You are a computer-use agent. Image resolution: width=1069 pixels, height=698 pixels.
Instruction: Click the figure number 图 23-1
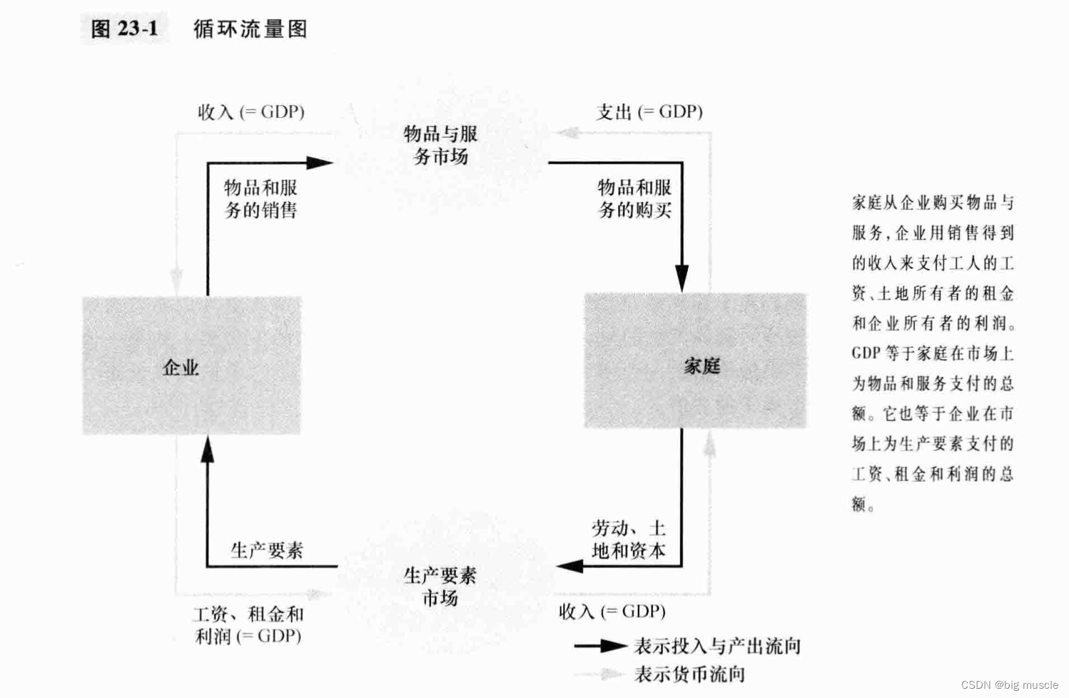click(x=125, y=29)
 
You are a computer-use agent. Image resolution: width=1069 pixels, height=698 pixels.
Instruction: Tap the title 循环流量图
click(x=250, y=29)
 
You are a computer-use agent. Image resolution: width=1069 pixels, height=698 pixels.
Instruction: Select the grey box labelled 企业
click(x=191, y=365)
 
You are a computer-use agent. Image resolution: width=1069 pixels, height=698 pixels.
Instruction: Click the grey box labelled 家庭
click(x=695, y=361)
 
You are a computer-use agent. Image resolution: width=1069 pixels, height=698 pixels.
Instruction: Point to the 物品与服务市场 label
click(x=440, y=144)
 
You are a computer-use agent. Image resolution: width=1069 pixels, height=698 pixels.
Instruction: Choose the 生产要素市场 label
click(x=440, y=586)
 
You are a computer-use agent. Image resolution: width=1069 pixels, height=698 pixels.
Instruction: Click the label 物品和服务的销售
click(x=260, y=198)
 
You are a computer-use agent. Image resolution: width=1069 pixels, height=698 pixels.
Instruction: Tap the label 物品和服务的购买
click(x=634, y=198)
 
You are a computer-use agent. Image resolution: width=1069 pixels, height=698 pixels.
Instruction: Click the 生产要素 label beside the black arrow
click(x=266, y=550)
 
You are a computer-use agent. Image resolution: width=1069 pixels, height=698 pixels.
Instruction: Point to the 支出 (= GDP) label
click(x=649, y=112)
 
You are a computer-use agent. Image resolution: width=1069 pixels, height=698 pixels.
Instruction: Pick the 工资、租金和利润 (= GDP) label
click(x=248, y=624)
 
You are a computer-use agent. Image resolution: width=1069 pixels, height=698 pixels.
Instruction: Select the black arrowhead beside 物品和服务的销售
click(x=319, y=163)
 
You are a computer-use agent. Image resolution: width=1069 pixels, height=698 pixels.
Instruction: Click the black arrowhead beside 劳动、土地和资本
click(x=570, y=566)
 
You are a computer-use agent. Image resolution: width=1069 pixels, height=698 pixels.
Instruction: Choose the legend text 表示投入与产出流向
click(x=717, y=646)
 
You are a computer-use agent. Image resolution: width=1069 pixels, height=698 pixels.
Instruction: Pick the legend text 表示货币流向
click(x=689, y=674)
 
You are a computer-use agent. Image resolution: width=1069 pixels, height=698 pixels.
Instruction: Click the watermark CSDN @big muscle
click(x=1009, y=685)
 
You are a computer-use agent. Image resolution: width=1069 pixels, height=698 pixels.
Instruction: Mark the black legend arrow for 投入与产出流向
click(x=601, y=646)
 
